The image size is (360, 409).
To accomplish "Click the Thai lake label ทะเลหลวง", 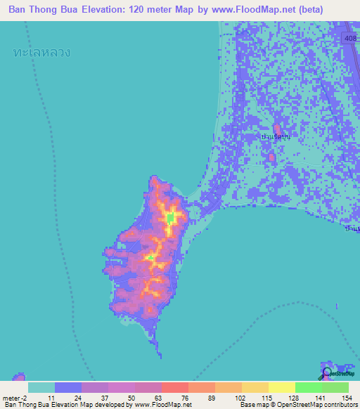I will tap(42, 53).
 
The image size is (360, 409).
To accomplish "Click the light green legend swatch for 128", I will tap(308, 387).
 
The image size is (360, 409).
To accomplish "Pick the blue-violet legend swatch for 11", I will tap(68, 387).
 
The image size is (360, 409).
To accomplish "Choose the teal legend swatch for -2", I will tap(41, 387).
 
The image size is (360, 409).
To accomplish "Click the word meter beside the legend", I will tap(14, 397).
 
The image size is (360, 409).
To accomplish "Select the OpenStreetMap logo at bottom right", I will tap(327, 373).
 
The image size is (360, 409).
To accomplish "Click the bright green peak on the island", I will tap(170, 219).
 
